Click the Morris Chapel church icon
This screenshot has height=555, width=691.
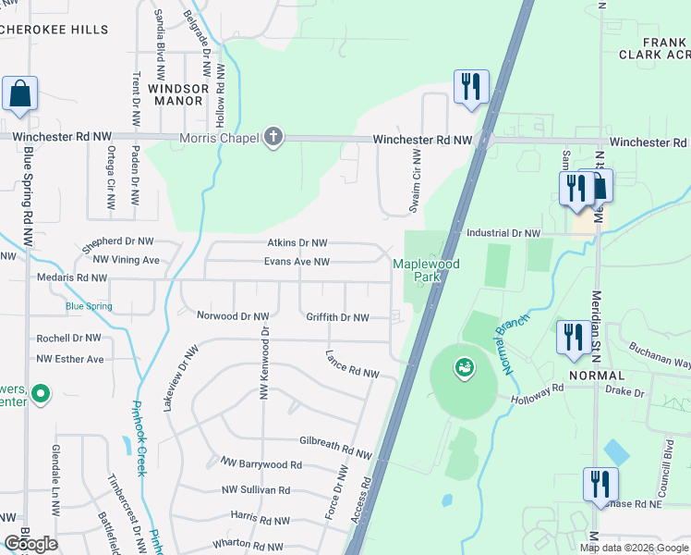(x=272, y=138)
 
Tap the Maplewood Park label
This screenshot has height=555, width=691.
(x=426, y=270)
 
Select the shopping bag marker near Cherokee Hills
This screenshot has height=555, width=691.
(x=19, y=94)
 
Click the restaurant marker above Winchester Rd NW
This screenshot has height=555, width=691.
(x=471, y=88)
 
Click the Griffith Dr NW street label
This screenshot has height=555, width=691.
(x=337, y=317)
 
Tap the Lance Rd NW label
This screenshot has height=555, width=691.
(x=352, y=364)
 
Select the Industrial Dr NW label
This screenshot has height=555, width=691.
(x=503, y=234)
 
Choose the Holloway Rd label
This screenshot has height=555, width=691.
(x=538, y=394)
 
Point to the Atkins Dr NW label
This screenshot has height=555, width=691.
(x=297, y=243)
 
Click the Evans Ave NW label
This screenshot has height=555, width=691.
(x=297, y=262)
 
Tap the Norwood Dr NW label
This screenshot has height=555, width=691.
(x=233, y=316)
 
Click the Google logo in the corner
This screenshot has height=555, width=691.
(x=30, y=544)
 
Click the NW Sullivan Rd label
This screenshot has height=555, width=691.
(x=256, y=490)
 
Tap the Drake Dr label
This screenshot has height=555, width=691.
(x=626, y=392)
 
